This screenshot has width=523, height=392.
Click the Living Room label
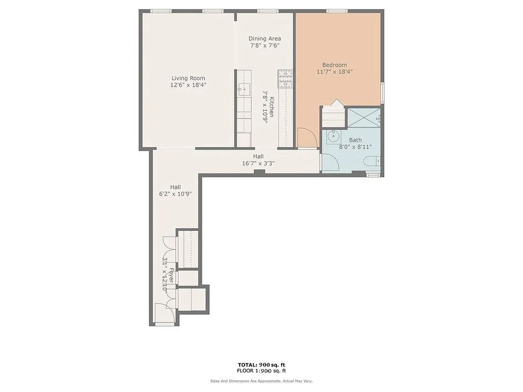(188, 78)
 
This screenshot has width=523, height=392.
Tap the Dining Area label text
(265, 39)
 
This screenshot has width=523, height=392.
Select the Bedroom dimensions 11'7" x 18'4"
(335, 72)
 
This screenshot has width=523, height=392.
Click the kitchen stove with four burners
(285, 79)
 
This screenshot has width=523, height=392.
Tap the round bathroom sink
(334, 136)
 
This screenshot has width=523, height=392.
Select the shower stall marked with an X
(363, 118)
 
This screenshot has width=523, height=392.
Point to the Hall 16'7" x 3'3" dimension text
(258, 164)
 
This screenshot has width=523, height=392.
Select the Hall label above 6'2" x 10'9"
(175, 187)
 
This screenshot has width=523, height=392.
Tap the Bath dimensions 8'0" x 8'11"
(355, 147)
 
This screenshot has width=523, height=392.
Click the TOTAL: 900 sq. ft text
(261, 365)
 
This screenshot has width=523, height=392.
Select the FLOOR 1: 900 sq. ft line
(261, 371)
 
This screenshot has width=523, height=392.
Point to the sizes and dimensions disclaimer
(261, 381)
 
